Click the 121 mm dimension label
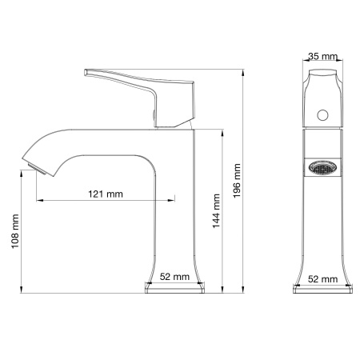coord(107,194)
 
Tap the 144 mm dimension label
coord(215,211)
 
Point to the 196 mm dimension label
coord(237,183)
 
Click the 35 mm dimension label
coord(323,57)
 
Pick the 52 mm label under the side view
coord(175,276)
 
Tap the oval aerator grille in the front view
coord(323,169)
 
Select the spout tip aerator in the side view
coord(33,166)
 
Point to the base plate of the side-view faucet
coord(174,287)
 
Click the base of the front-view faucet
coord(323,287)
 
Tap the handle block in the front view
coord(323,98)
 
